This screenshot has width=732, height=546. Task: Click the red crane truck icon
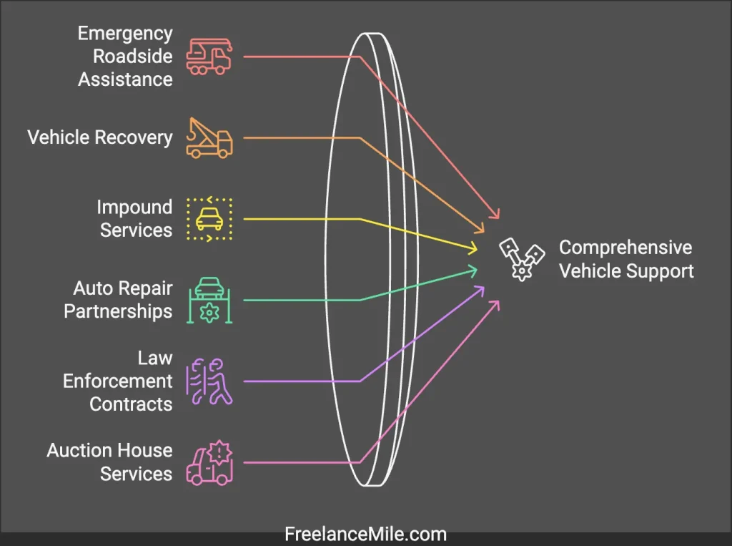point(209,56)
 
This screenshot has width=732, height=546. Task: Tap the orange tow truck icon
point(209,137)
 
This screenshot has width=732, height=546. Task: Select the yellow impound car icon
point(209,218)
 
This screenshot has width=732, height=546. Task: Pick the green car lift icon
point(209,300)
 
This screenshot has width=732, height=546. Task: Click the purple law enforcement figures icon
point(209,381)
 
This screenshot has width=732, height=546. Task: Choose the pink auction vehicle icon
point(209,462)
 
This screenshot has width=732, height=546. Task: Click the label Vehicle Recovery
point(100,137)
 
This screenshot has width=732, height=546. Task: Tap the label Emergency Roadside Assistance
point(125,56)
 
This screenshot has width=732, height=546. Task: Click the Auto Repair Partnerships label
point(119,300)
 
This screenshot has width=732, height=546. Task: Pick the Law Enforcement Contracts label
point(118,381)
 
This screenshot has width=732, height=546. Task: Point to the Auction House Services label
point(110,462)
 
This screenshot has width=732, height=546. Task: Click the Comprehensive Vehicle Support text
point(625,259)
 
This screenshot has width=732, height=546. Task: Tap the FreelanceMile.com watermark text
point(365,534)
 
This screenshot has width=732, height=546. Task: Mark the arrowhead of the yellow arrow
point(473,248)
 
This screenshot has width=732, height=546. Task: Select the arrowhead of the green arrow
point(473,270)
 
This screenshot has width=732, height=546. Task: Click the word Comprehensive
point(625,248)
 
